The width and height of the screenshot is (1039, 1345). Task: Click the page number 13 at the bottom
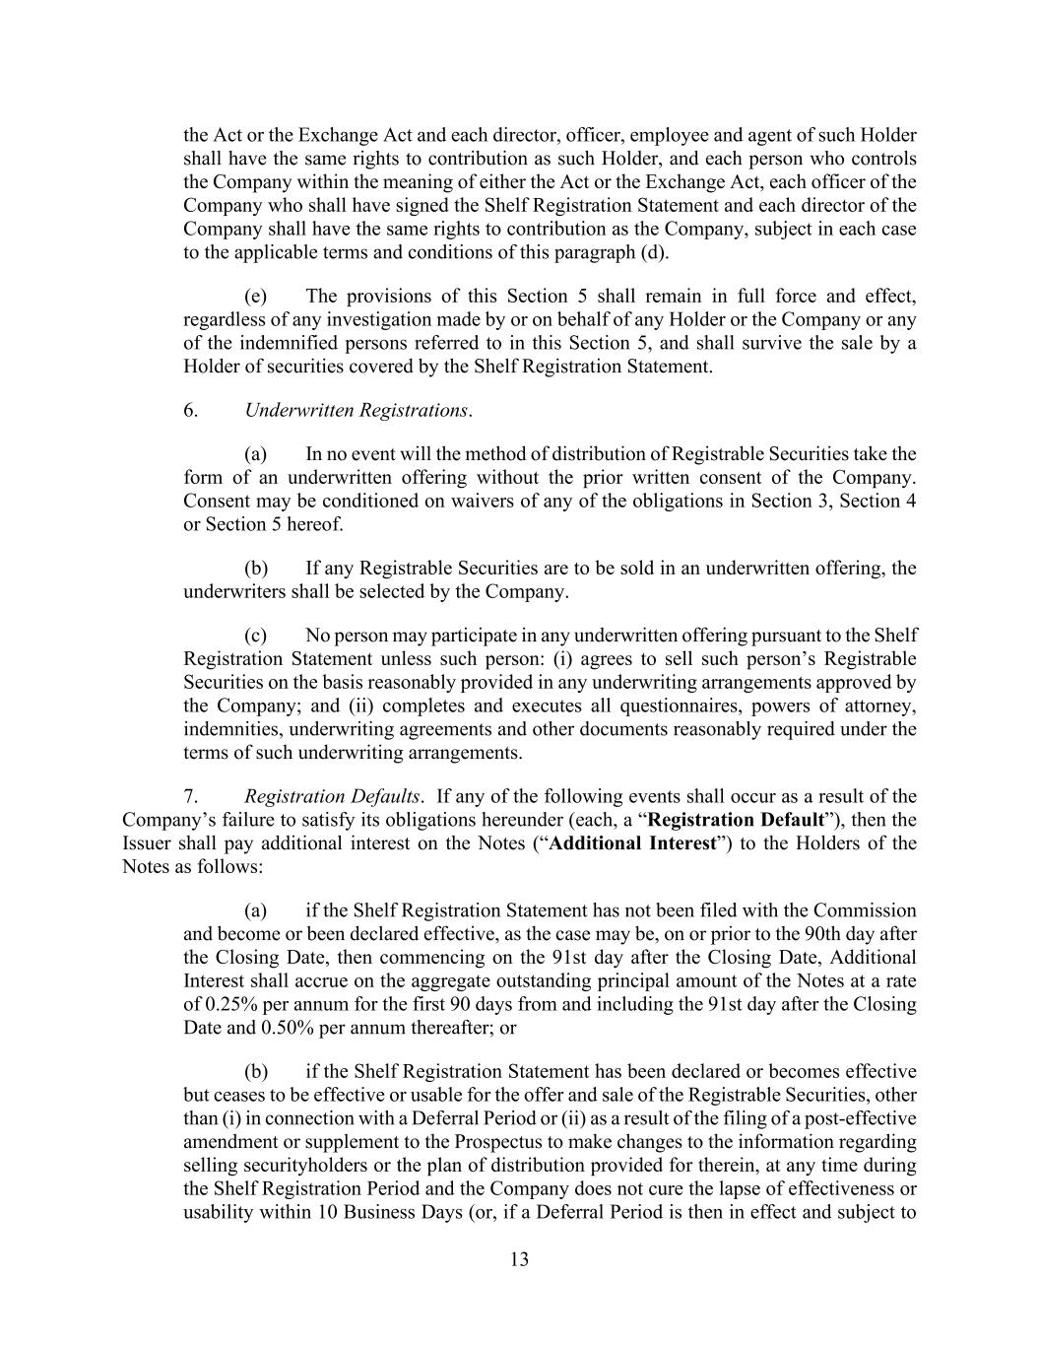point(519,1259)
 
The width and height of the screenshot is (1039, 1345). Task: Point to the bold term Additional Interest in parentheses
point(631,843)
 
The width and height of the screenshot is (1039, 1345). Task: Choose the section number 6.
point(191,410)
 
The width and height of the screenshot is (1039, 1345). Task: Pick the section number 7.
point(191,796)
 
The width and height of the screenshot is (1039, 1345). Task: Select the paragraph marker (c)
point(255,636)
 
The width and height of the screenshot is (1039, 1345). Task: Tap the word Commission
point(865,910)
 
